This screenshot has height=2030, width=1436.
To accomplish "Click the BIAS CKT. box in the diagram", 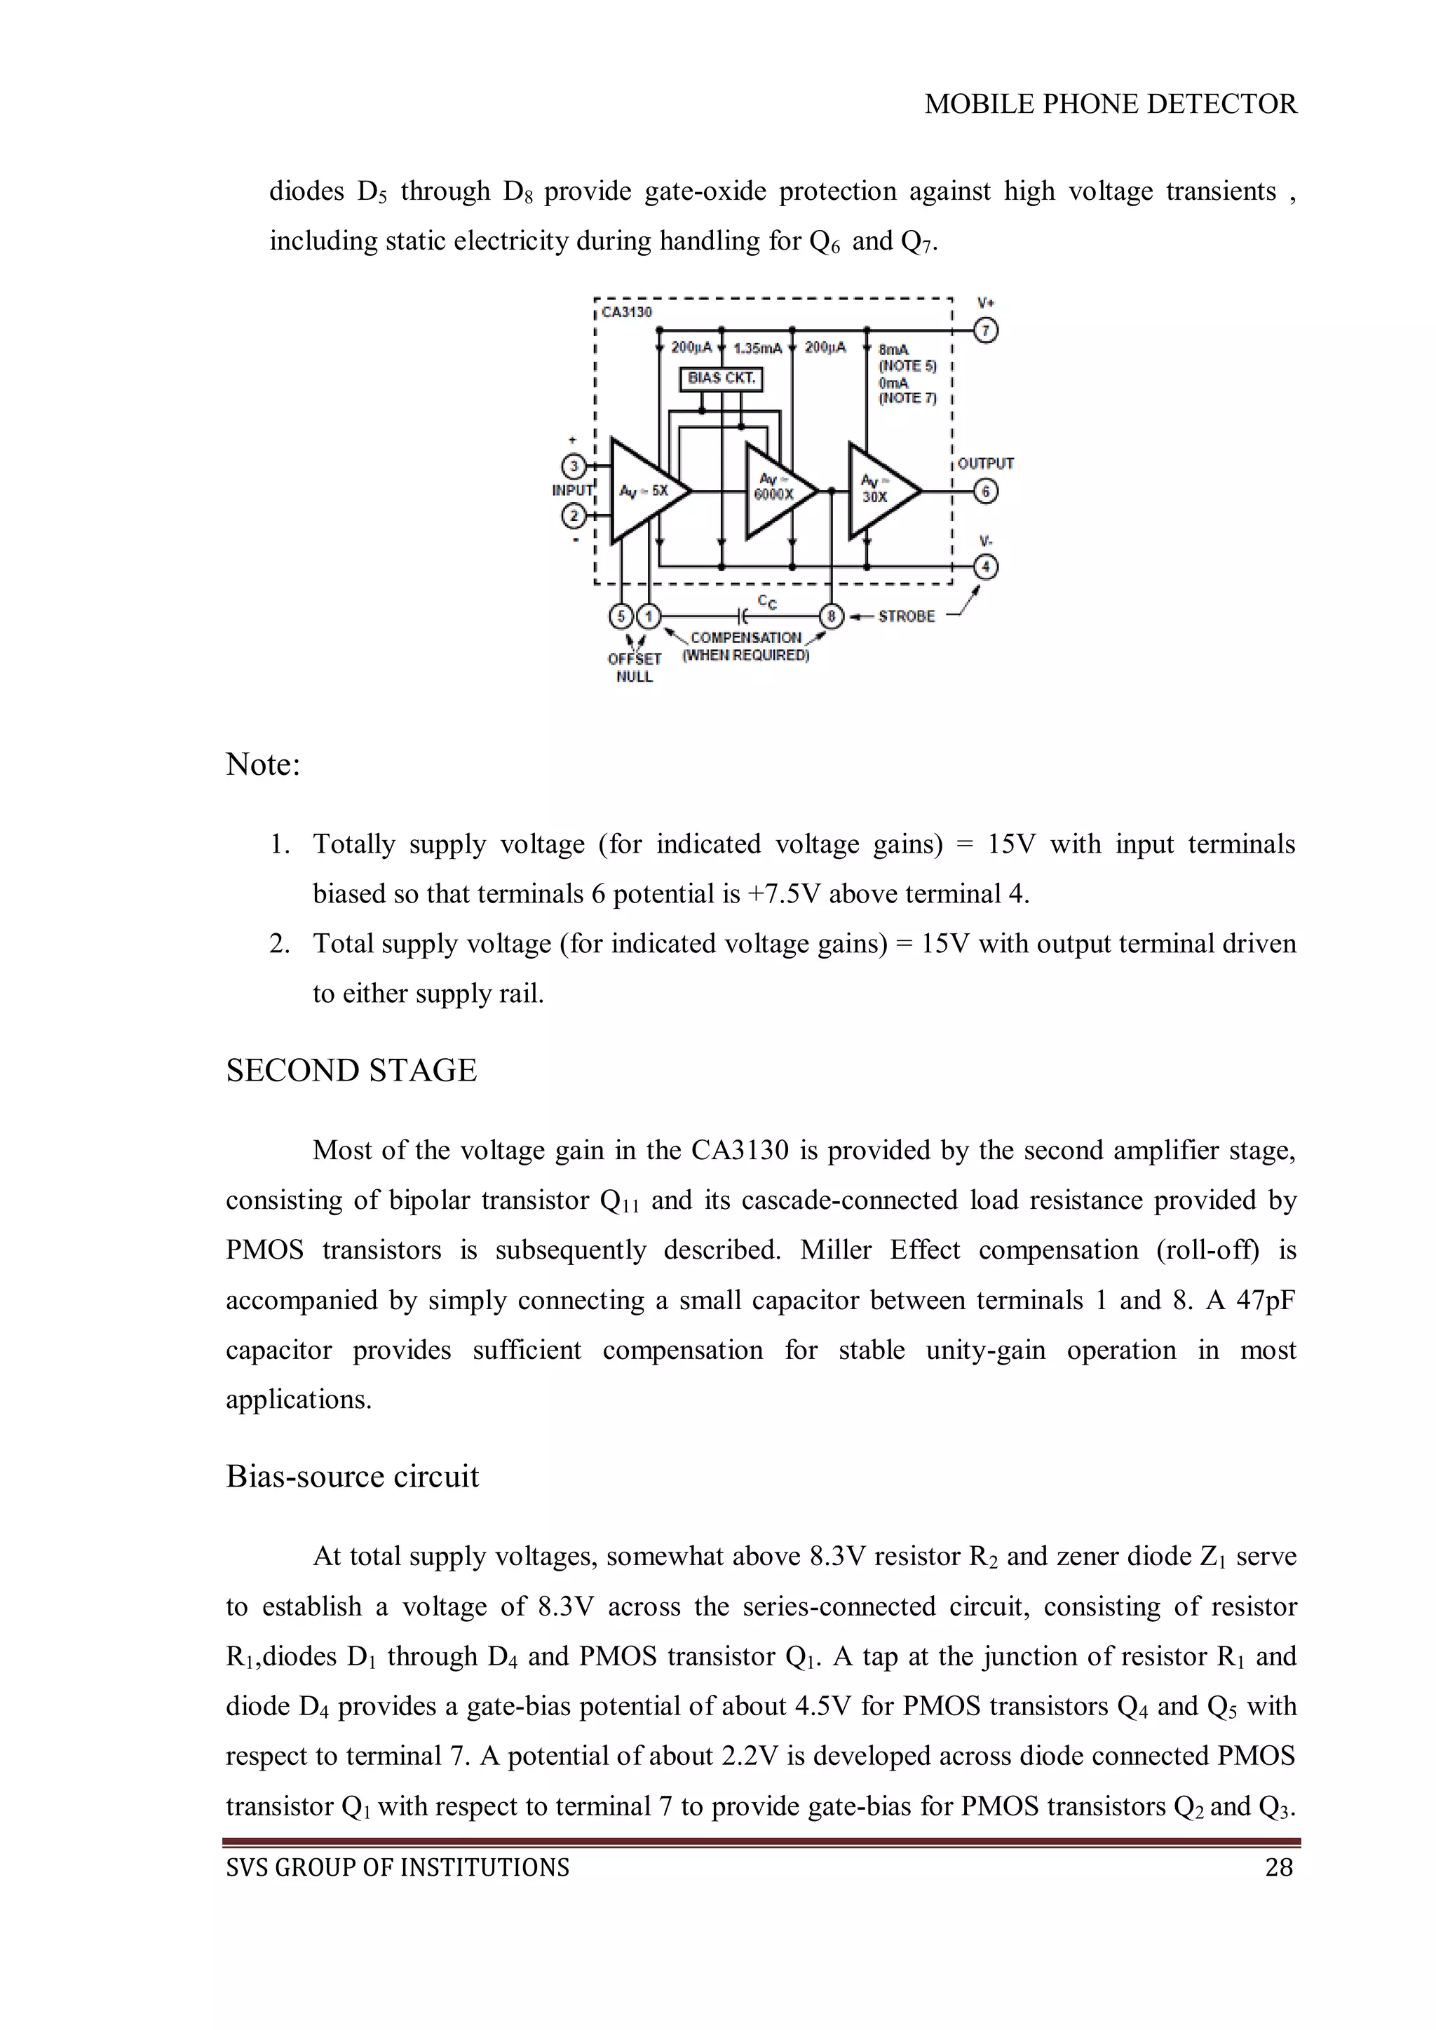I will click(x=721, y=379).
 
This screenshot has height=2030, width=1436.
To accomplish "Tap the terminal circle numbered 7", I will click(x=986, y=331).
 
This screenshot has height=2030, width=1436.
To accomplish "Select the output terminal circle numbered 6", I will click(x=986, y=492).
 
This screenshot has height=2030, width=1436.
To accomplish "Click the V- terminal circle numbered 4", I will click(x=986, y=567).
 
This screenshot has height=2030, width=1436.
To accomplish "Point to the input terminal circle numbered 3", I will click(x=574, y=466).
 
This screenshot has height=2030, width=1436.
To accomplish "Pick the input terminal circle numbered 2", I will click(x=574, y=515).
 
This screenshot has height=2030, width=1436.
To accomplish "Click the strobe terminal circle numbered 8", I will click(x=831, y=616).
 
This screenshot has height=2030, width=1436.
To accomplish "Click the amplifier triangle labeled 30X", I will click(x=877, y=492).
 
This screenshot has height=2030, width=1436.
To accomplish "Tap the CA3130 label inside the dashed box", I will click(x=626, y=312).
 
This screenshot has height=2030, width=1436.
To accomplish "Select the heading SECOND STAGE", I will click(x=351, y=1071).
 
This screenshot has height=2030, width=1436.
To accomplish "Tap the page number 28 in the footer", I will click(x=1279, y=1867).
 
